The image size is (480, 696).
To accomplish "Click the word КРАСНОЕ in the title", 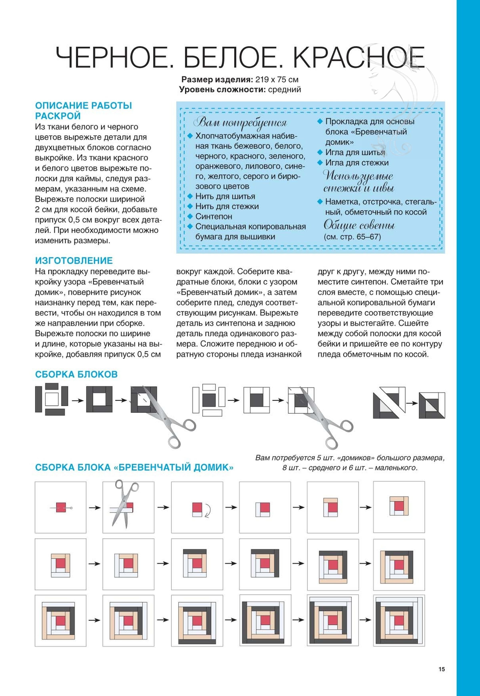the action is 359,57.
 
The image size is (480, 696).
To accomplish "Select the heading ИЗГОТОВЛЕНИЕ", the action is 74,261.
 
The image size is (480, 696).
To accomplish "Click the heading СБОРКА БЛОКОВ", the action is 76,374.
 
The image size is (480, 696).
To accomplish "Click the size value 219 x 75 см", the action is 277,80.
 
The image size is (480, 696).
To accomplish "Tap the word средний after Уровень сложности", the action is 285,90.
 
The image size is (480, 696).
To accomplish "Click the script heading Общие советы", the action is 359,225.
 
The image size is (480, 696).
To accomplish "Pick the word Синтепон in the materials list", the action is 214,216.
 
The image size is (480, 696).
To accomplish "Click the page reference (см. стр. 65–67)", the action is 352,237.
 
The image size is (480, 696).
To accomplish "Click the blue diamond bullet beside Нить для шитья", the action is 190,196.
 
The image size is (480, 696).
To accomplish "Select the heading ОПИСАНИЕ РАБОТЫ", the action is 84,106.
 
